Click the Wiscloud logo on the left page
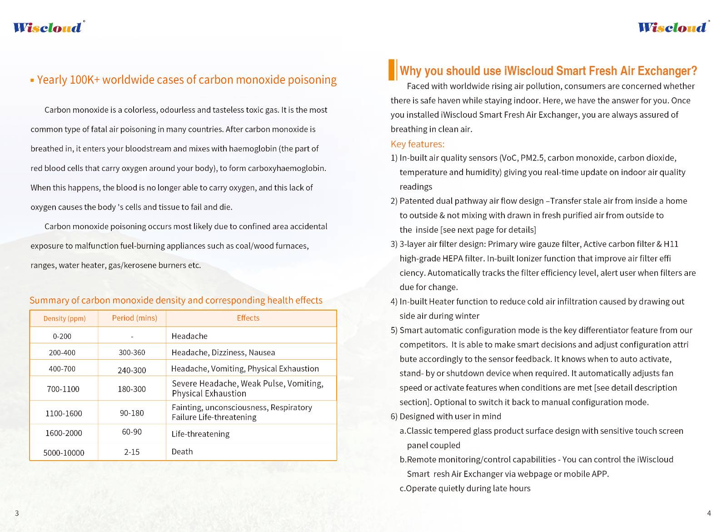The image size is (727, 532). [48, 27]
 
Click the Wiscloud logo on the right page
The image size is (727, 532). [673, 27]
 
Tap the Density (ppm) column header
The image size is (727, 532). [64, 318]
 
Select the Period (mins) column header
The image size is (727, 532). [134, 318]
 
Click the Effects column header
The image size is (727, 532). [248, 318]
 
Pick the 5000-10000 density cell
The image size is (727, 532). [64, 452]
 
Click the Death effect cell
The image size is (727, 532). [182, 452]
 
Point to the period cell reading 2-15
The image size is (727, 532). [132, 452]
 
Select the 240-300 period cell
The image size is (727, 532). [132, 370]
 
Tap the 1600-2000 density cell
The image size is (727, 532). [64, 433]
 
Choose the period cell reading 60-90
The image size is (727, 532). [132, 432]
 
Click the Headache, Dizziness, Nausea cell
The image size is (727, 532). [223, 352]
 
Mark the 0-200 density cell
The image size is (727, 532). [62, 336]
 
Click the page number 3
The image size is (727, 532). [17, 513]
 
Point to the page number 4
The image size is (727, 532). [709, 513]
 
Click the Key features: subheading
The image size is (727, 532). [418, 144]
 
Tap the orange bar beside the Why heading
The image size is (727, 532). [392, 70]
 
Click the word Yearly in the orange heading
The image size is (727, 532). [52, 80]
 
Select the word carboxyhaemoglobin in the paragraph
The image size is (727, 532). [286, 168]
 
